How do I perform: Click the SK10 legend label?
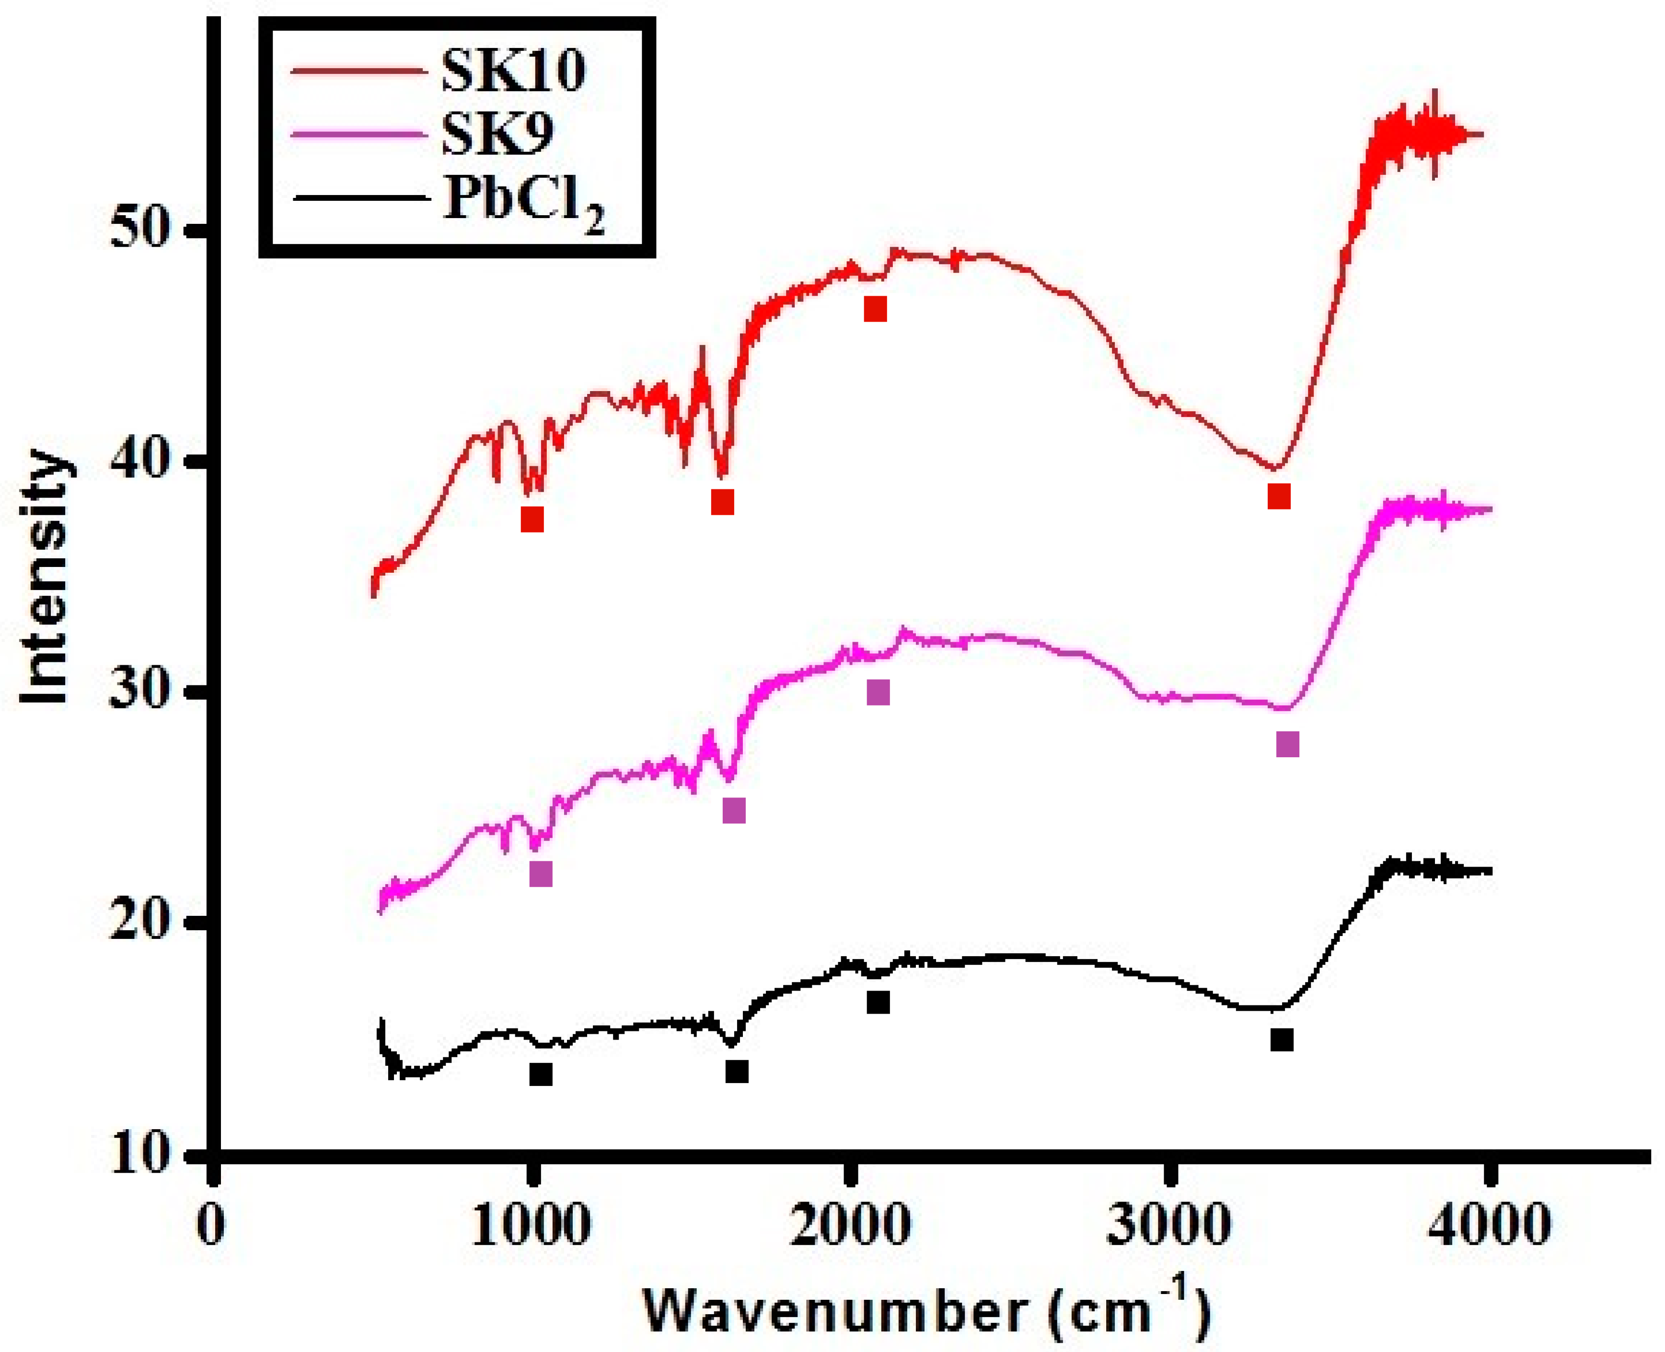512,72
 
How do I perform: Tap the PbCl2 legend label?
523,201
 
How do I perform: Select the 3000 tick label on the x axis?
1168,1225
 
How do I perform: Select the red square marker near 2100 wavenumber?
875,309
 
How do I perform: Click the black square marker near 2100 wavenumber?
878,1002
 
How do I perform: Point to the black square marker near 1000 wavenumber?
541,1075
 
